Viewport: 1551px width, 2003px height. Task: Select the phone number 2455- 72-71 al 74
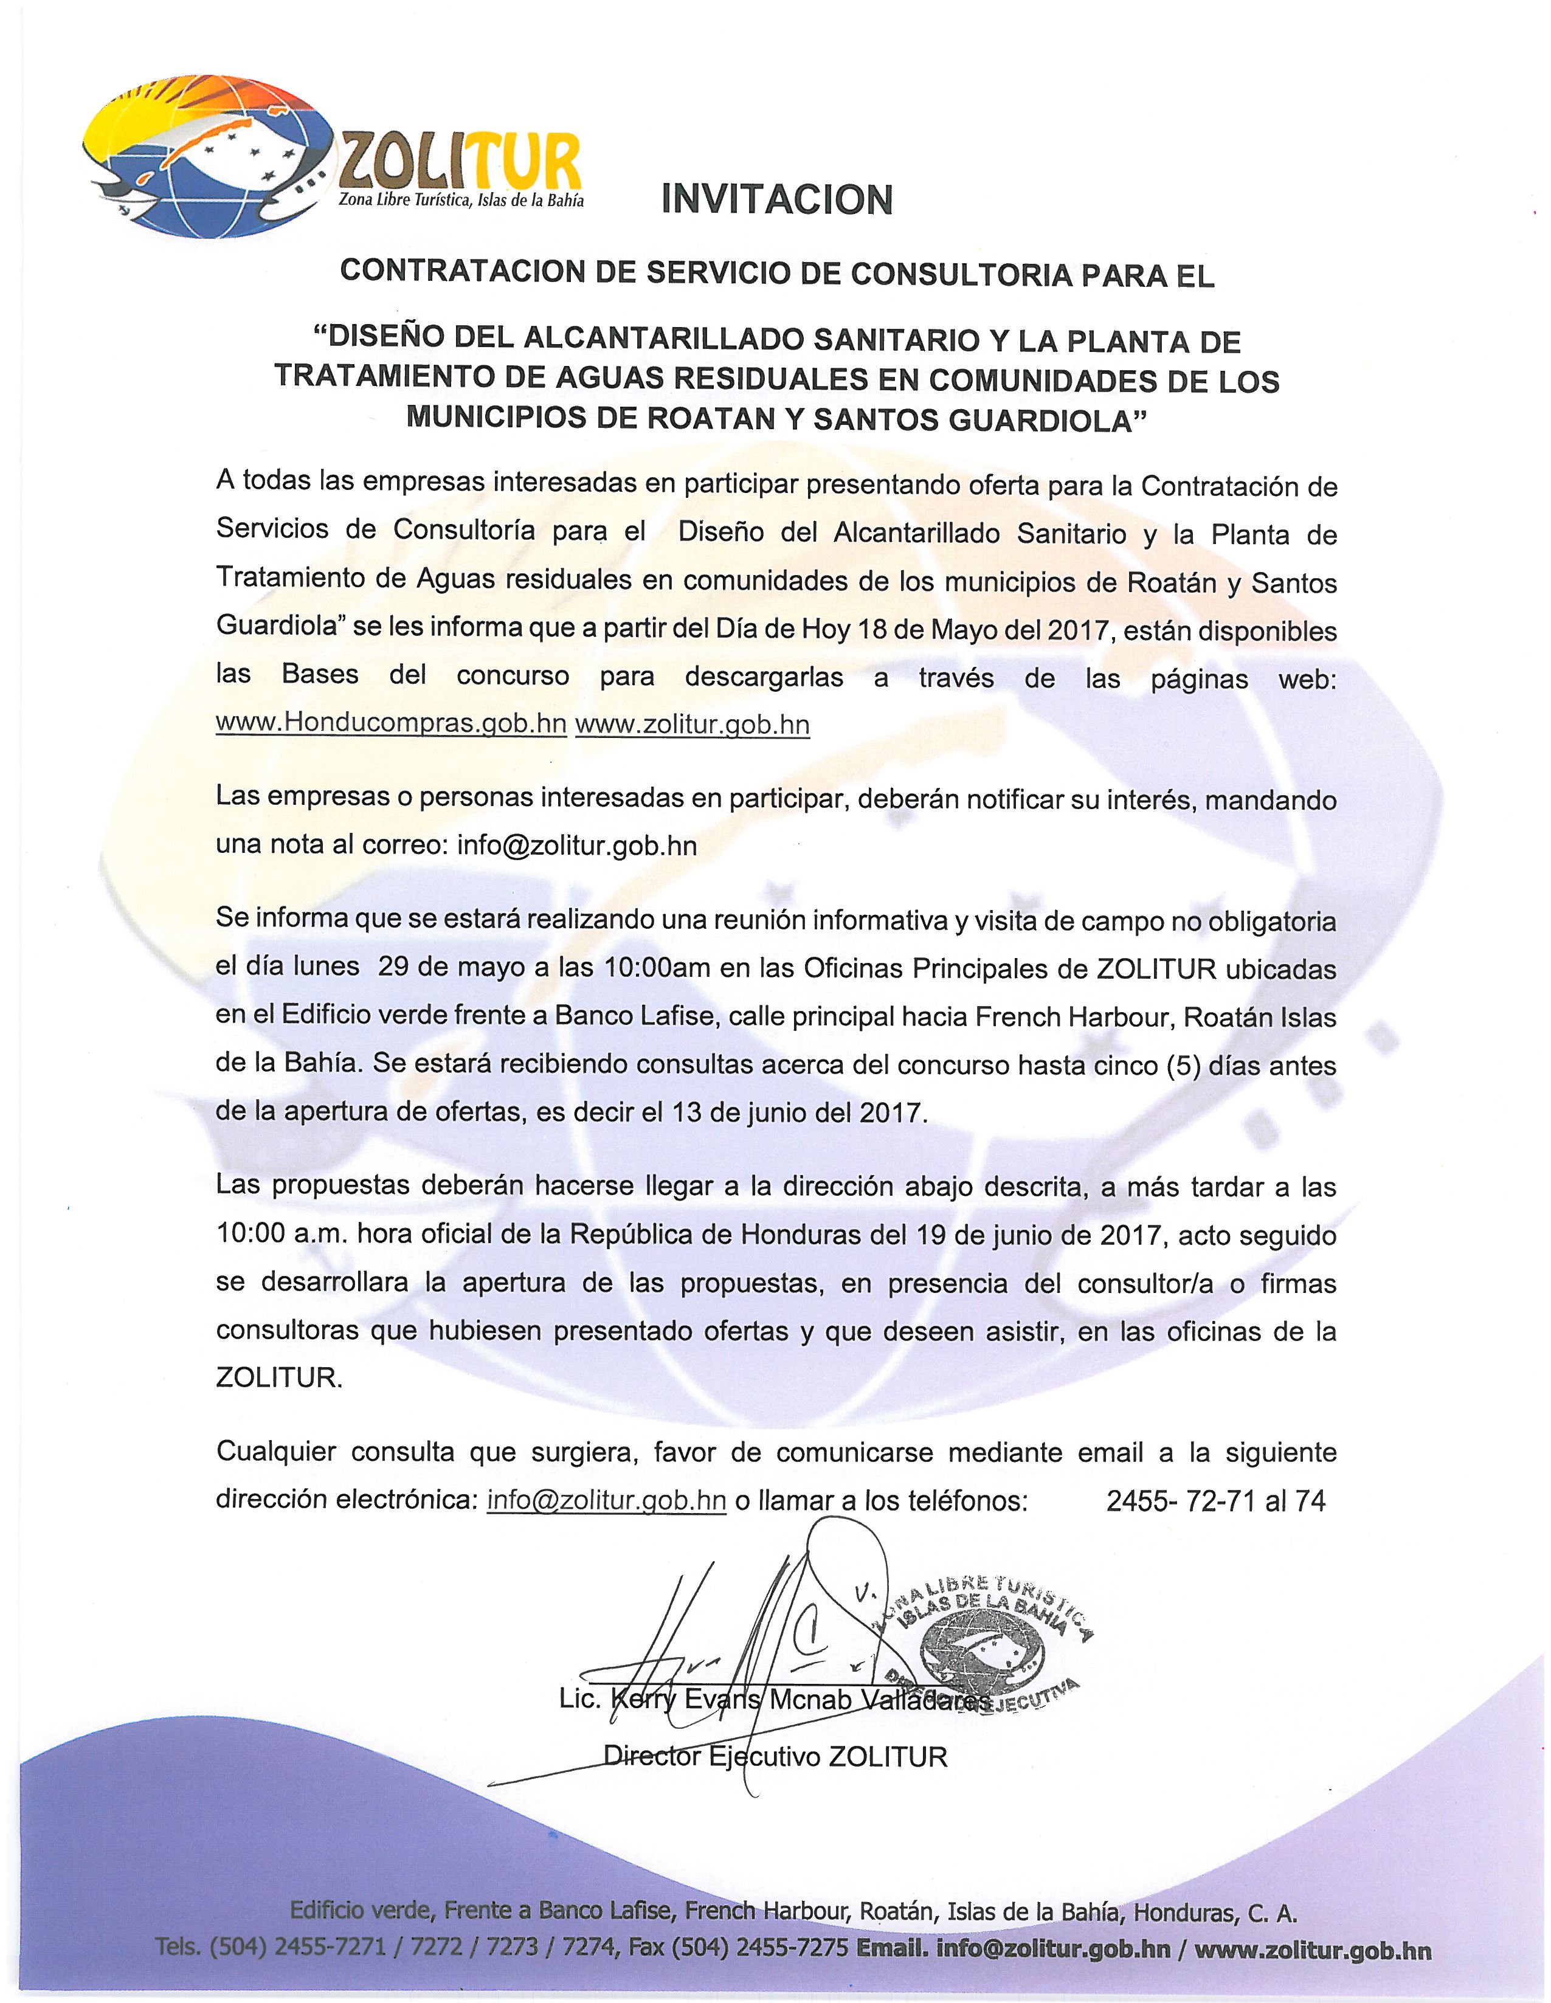point(1215,1500)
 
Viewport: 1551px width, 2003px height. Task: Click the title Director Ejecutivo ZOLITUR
point(775,1757)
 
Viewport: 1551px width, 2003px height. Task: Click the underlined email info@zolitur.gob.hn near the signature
point(607,1500)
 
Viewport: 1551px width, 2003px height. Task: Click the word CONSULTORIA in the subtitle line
point(948,274)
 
